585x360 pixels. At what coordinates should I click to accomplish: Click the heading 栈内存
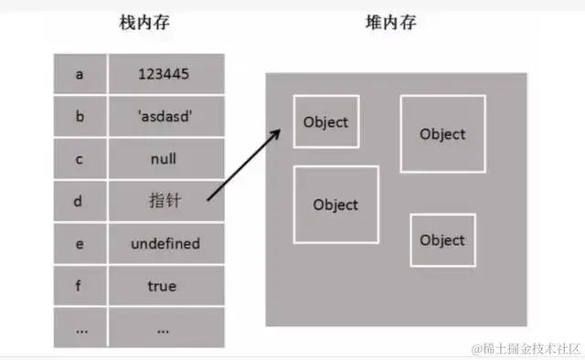pyautogui.click(x=145, y=22)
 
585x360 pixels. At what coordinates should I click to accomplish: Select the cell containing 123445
pyautogui.click(x=165, y=74)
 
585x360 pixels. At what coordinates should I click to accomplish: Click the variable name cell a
pyautogui.click(x=81, y=74)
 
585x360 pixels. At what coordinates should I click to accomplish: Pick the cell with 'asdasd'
pyautogui.click(x=165, y=116)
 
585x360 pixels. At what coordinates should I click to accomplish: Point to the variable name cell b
pyautogui.click(x=81, y=116)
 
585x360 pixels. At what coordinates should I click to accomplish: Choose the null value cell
pyautogui.click(x=165, y=158)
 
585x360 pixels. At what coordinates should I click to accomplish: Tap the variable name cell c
pyautogui.click(x=81, y=158)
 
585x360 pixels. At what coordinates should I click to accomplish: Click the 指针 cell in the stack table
pyautogui.click(x=165, y=200)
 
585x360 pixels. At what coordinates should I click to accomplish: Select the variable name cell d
pyautogui.click(x=81, y=200)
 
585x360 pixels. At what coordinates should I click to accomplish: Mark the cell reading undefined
pyautogui.click(x=165, y=244)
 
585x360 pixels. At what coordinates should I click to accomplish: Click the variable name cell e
pyautogui.click(x=81, y=244)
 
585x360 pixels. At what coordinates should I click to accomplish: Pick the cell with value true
pyautogui.click(x=165, y=286)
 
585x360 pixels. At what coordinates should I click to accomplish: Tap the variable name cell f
pyautogui.click(x=81, y=286)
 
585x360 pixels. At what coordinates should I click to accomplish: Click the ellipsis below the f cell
pyautogui.click(x=81, y=327)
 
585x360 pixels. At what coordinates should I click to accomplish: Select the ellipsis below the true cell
pyautogui.click(x=165, y=327)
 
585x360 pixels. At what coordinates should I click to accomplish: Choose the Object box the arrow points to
pyautogui.click(x=326, y=122)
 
